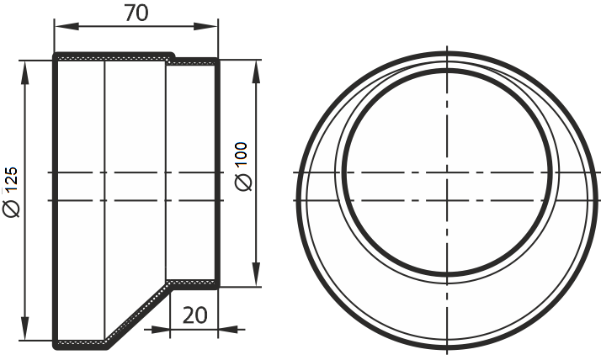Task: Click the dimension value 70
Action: coord(136,13)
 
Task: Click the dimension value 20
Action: coord(194,315)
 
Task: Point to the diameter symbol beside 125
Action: coord(12,209)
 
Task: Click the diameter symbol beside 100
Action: coord(243,182)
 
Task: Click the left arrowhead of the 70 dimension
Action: coord(66,26)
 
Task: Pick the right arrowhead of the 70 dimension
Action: coord(205,26)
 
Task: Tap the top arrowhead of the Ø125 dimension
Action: coord(25,73)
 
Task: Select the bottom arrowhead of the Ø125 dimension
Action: coord(25,328)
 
